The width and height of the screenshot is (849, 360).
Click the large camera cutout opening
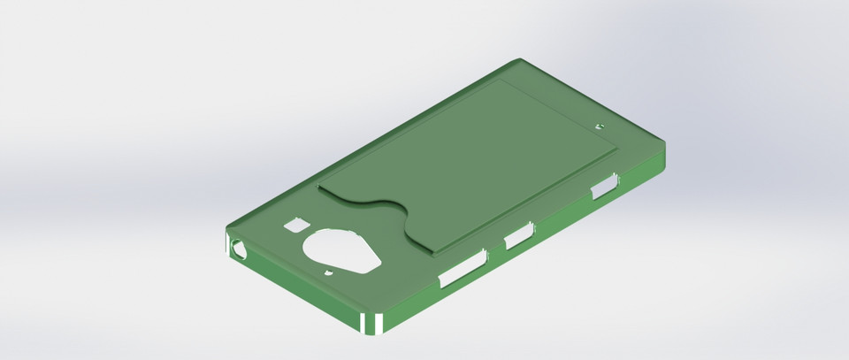(x=342, y=250)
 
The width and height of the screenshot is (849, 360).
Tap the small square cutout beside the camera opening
(x=294, y=226)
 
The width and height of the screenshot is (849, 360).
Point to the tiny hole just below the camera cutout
(x=328, y=273)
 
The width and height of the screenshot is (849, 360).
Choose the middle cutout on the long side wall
(x=518, y=234)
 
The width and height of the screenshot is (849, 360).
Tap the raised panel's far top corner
(x=501, y=79)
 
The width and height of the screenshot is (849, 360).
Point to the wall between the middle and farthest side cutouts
(x=562, y=212)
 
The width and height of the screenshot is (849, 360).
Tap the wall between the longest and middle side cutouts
(x=493, y=252)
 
